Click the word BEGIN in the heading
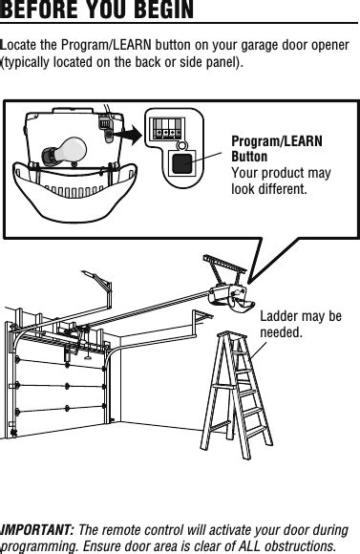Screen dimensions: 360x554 [164, 10]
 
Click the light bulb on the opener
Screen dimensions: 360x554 [65, 151]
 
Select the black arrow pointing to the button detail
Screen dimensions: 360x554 [129, 135]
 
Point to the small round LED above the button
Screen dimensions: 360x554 [181, 145]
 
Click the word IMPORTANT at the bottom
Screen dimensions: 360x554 [36, 530]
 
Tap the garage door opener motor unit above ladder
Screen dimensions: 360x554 [232, 298]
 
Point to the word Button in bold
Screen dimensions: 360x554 [249, 157]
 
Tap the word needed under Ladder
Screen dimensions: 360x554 [281, 332]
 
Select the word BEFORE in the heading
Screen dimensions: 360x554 [39, 10]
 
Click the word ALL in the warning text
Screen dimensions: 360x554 [250, 546]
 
